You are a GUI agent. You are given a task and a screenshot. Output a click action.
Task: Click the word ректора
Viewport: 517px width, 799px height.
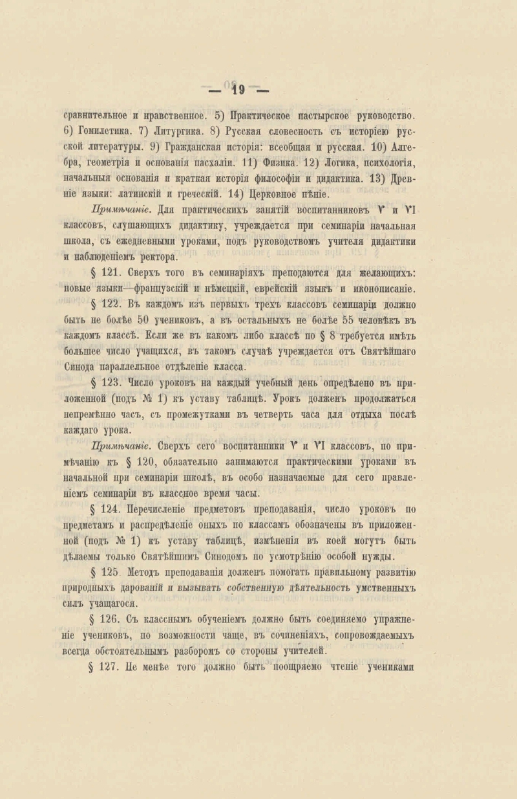[160, 256]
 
